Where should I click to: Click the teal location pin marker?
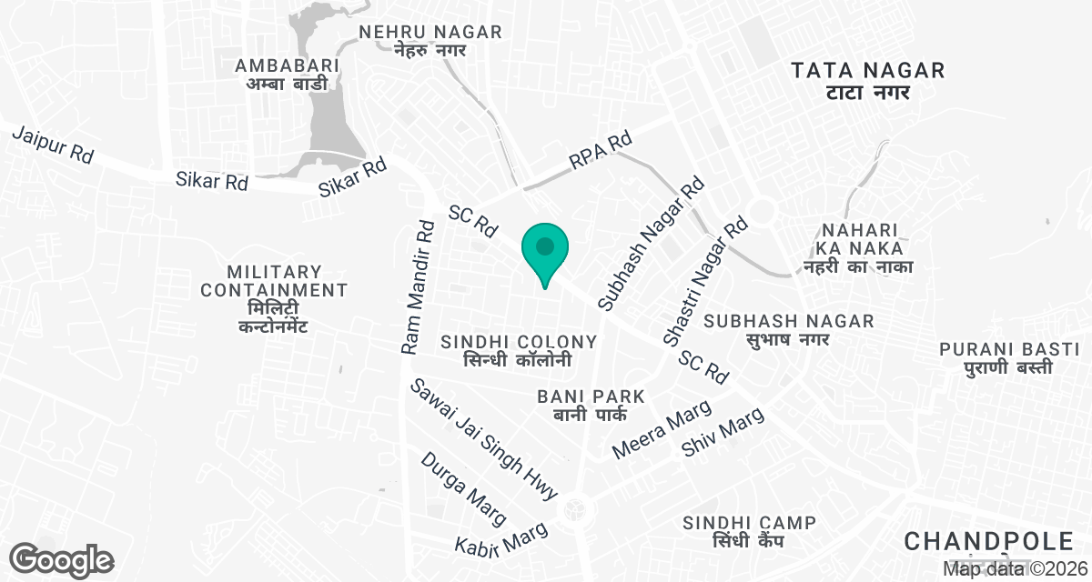[545, 252]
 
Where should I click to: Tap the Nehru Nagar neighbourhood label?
[430, 41]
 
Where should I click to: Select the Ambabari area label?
[287, 75]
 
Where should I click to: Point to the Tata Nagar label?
[868, 80]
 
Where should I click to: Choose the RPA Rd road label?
[601, 152]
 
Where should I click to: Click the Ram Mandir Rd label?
[420, 285]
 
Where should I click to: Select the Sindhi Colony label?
[519, 350]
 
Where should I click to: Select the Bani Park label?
[591, 406]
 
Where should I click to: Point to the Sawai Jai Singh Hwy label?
[483, 439]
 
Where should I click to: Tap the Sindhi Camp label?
[750, 531]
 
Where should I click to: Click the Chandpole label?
[988, 543]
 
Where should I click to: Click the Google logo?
[62, 558]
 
